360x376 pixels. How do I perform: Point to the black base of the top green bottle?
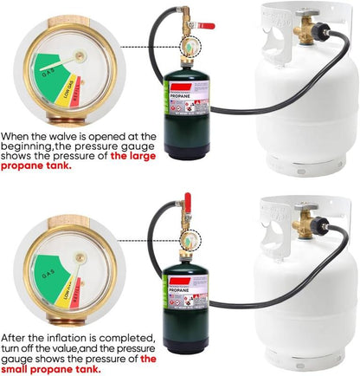187,152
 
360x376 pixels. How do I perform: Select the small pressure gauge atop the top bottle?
185,43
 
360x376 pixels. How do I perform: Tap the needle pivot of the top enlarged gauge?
80,56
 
